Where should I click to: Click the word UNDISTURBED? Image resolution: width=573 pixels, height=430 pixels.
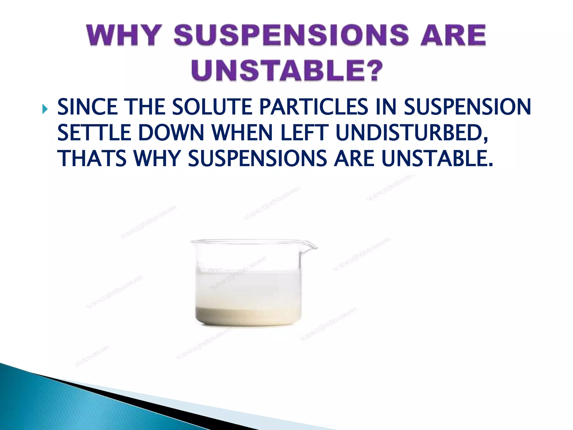click(x=412, y=133)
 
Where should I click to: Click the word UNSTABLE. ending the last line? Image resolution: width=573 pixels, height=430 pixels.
click(x=437, y=158)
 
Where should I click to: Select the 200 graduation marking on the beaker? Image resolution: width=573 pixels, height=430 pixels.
click(x=215, y=271)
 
